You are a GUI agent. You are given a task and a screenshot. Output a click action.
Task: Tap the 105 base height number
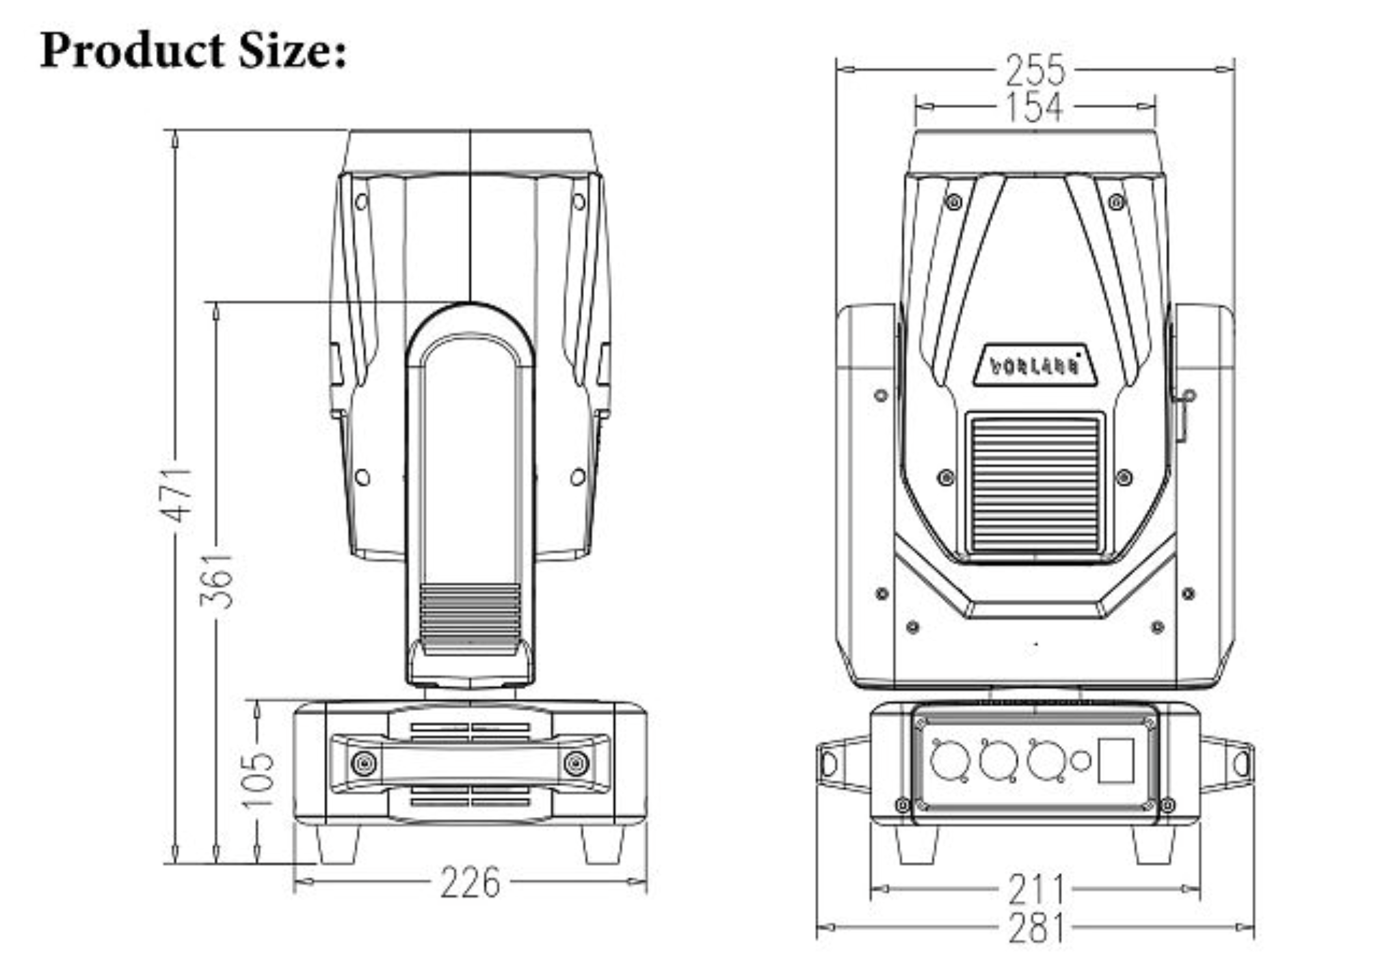click(x=258, y=779)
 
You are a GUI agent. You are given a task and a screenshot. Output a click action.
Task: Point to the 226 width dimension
click(x=470, y=883)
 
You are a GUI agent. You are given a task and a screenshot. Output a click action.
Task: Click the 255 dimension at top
click(x=1035, y=70)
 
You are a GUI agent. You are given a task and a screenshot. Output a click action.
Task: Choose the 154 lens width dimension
click(x=1034, y=107)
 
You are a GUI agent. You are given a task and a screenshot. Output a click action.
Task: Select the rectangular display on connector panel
click(x=1115, y=760)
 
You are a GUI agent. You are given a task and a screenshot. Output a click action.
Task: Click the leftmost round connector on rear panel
click(x=950, y=761)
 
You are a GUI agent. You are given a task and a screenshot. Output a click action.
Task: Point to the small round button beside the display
click(x=1081, y=760)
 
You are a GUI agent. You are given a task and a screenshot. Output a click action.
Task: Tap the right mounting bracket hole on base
click(x=1241, y=762)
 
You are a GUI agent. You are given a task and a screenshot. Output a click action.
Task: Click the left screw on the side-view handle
click(x=363, y=763)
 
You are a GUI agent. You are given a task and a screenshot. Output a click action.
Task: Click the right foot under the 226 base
click(x=603, y=844)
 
